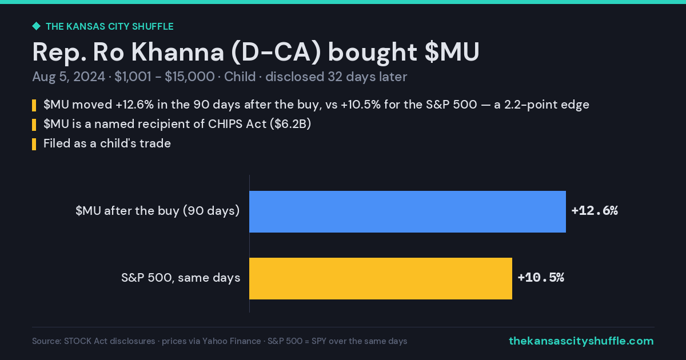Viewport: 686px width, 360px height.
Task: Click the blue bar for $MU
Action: click(408, 211)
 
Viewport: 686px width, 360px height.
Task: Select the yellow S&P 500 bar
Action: click(381, 278)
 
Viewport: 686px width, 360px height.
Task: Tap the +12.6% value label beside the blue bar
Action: click(595, 211)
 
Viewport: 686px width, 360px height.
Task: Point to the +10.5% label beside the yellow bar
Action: click(541, 277)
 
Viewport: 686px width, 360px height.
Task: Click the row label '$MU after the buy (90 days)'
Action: click(157, 211)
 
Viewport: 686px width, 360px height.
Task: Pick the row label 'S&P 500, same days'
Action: click(181, 278)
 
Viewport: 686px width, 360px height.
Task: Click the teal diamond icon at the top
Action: click(37, 26)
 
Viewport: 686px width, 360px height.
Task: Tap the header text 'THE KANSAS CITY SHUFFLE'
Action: click(110, 27)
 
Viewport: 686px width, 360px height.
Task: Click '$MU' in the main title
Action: click(452, 52)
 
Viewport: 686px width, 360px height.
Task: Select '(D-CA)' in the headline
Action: click(276, 53)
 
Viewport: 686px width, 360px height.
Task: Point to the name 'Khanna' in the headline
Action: click(178, 52)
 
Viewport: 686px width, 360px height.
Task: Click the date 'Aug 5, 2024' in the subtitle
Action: click(69, 77)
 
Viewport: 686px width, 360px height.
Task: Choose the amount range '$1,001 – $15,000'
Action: click(165, 77)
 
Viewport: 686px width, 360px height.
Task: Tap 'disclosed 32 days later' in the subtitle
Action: click(336, 77)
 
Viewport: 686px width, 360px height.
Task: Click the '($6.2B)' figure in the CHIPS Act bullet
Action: click(290, 124)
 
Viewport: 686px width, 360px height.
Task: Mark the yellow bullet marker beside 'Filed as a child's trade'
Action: click(34, 144)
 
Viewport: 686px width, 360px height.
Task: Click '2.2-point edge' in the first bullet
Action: click(547, 105)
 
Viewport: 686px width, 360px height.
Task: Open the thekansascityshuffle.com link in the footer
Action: click(581, 341)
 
